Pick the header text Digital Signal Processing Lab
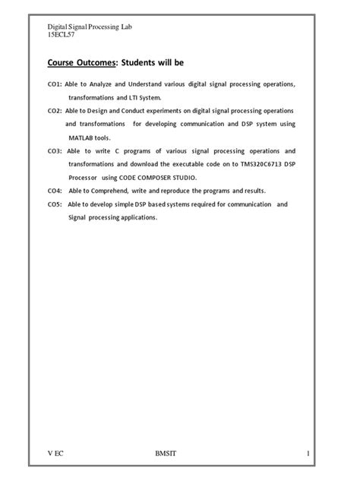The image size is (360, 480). [x=90, y=27]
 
